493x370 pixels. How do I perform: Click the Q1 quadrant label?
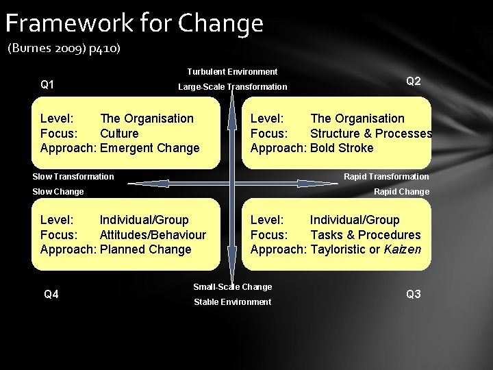[x=48, y=85]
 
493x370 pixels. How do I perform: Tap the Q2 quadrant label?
[x=414, y=81]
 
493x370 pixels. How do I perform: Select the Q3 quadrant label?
[x=414, y=295]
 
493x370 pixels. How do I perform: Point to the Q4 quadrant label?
[x=51, y=295]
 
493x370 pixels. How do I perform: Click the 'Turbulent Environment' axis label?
[x=232, y=72]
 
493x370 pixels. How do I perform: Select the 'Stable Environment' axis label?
[x=232, y=302]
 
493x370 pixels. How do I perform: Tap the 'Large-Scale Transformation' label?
[x=232, y=87]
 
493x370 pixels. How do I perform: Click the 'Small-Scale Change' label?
[x=232, y=287]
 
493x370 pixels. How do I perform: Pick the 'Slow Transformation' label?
[x=73, y=177]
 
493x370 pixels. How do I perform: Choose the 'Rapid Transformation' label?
[x=386, y=177]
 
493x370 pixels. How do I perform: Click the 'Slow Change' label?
[x=58, y=192]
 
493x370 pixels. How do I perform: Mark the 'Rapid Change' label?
[x=401, y=192]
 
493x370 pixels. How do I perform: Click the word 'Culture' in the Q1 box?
[x=119, y=134]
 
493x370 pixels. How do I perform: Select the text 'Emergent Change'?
[x=149, y=148]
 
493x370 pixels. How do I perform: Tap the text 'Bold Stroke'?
[x=342, y=148]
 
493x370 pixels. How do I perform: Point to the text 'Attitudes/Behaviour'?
[x=153, y=235]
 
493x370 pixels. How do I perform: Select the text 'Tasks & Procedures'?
[x=365, y=235]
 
